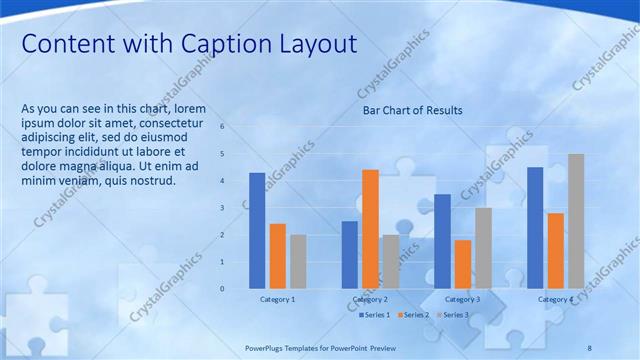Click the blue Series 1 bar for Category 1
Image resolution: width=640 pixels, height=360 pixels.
257,231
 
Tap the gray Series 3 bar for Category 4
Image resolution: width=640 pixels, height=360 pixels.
576,221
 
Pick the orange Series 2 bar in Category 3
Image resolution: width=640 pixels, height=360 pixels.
463,264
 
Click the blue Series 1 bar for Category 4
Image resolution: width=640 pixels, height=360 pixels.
535,228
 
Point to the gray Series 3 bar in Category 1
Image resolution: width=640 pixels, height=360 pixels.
298,262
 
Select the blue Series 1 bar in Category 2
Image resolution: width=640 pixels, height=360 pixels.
350,255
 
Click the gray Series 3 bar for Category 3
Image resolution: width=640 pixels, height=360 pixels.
483,248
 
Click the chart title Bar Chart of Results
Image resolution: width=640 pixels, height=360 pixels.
412,110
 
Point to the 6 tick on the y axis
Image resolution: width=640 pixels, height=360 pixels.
236,127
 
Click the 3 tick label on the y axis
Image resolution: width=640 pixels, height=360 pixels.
236,208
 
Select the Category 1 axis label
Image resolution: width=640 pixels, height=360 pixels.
277,299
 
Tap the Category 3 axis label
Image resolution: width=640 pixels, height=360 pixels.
462,299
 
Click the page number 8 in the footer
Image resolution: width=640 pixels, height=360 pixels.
589,347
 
